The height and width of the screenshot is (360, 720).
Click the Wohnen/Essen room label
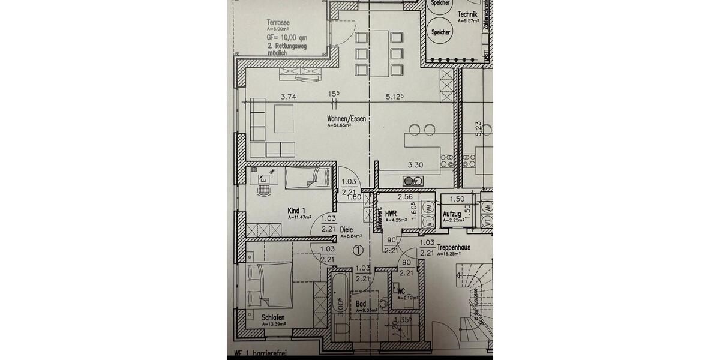[x=346, y=119]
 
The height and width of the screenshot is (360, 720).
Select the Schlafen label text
[x=273, y=317]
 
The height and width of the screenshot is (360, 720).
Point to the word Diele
[x=346, y=229]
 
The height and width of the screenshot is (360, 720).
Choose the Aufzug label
[x=452, y=214]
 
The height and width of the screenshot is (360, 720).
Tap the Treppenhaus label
[x=453, y=247]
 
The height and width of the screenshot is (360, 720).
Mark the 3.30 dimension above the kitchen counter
[x=416, y=164]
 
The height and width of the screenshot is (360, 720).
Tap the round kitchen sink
[x=409, y=180]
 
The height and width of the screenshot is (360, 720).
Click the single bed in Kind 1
[x=307, y=178]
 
